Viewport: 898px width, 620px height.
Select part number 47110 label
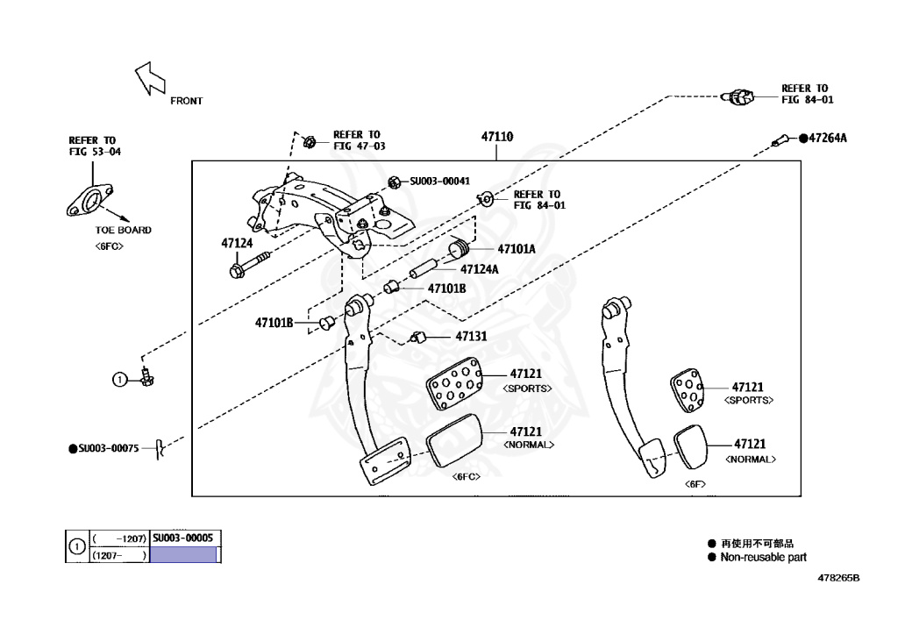pyautogui.click(x=496, y=137)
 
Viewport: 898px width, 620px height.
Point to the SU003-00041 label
pyautogui.click(x=440, y=182)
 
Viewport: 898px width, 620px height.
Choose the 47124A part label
pyautogui.click(x=479, y=269)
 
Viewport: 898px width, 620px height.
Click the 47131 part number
pyautogui.click(x=471, y=336)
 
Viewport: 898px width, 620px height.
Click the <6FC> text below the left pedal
pyautogui.click(x=465, y=476)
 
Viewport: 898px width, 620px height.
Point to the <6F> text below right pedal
pyautogui.click(x=695, y=483)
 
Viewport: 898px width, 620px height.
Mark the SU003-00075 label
pyautogui.click(x=109, y=448)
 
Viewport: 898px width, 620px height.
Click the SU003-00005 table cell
pyautogui.click(x=183, y=538)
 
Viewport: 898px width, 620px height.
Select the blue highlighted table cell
pyautogui.click(x=183, y=555)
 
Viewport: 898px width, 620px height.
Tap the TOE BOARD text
pyautogui.click(x=124, y=230)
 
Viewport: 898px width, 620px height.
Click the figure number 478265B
pyautogui.click(x=838, y=579)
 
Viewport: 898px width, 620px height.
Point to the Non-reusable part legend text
pyautogui.click(x=763, y=557)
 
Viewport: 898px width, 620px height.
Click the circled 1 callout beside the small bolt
pyautogui.click(x=118, y=379)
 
